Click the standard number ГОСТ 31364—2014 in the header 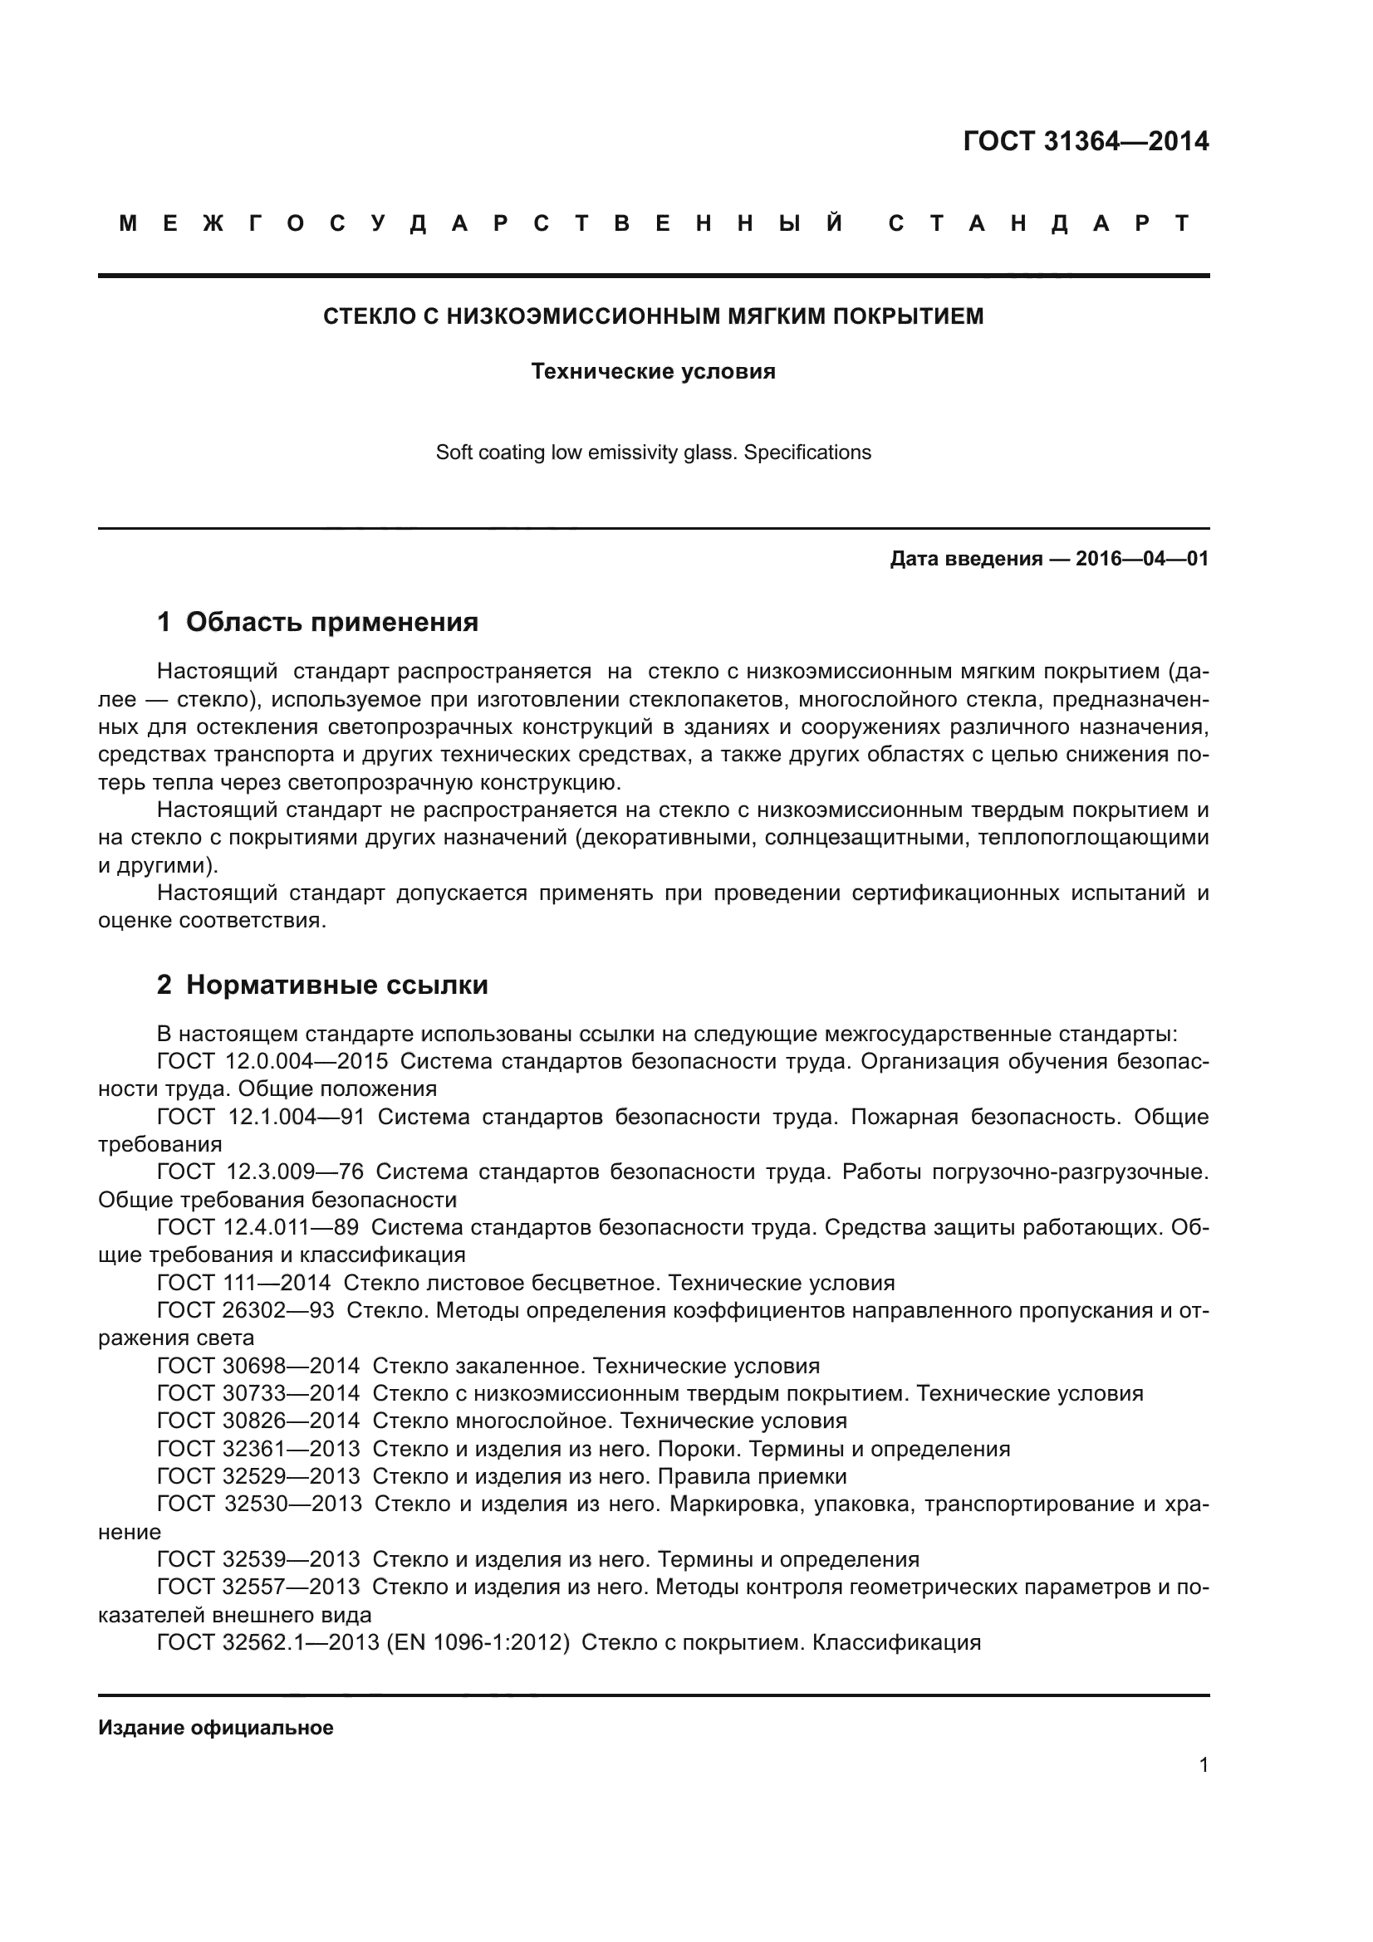pos(1086,141)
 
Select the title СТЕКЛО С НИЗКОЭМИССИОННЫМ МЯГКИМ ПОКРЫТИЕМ pos(653,316)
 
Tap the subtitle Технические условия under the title pos(653,371)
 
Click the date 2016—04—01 pos(1142,559)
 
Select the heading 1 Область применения pos(317,623)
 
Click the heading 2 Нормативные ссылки pos(322,986)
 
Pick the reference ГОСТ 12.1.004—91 pos(261,1118)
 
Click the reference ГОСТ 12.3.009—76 pos(260,1172)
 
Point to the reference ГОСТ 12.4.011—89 pos(257,1227)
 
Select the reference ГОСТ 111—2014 pos(243,1283)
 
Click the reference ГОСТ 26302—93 pos(245,1311)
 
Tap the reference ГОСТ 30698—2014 pos(258,1366)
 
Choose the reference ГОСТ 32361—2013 pos(258,1449)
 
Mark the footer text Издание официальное pos(216,1728)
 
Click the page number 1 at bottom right pos(1203,1765)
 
